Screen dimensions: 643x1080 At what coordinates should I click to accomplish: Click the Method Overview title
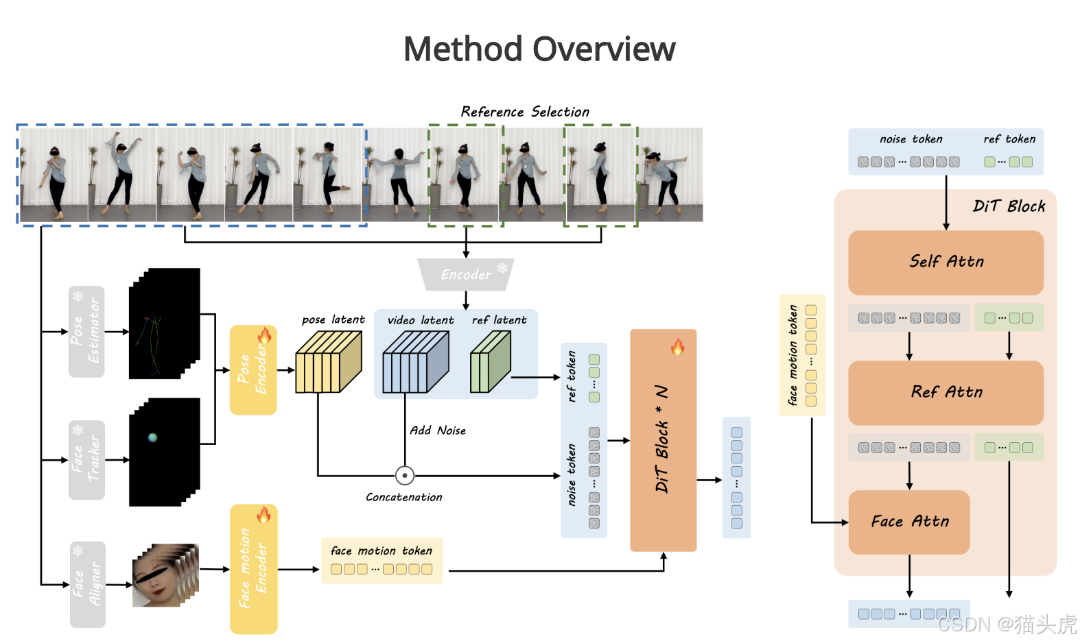(x=539, y=49)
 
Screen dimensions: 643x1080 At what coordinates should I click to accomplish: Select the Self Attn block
(x=946, y=262)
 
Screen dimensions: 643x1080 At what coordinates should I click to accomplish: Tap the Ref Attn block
(x=946, y=392)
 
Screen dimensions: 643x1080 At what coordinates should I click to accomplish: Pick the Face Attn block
(x=909, y=522)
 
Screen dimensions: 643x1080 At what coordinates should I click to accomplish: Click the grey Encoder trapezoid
(x=466, y=274)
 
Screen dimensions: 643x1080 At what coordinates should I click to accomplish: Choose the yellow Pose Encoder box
(x=253, y=369)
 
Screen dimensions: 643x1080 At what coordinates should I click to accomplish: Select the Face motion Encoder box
(x=253, y=568)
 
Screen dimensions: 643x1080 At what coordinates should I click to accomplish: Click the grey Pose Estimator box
(x=86, y=331)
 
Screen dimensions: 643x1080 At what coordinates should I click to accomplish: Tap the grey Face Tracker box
(x=86, y=459)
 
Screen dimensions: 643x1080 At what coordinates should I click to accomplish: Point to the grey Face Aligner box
(x=87, y=584)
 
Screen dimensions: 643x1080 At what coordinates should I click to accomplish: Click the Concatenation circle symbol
(x=405, y=475)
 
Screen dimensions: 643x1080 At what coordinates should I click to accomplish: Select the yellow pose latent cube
(x=328, y=362)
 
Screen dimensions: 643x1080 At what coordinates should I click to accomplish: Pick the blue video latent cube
(x=415, y=362)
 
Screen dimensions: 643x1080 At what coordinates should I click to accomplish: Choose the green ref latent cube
(x=490, y=362)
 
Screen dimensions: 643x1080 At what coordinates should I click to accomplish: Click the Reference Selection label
(x=525, y=112)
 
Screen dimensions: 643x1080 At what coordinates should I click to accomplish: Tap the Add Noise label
(x=438, y=430)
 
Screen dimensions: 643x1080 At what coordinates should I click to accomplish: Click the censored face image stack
(x=165, y=575)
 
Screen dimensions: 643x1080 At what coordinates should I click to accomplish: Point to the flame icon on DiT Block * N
(x=678, y=347)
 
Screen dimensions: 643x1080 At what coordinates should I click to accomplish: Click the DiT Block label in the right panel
(x=1009, y=206)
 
